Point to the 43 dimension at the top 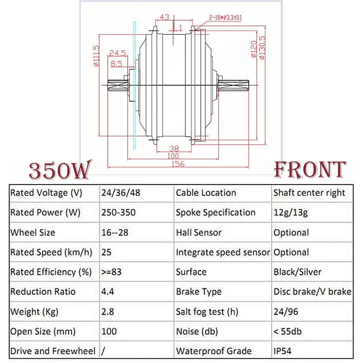(164, 17)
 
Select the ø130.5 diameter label (262, 48)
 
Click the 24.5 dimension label (117, 53)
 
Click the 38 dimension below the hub (174, 149)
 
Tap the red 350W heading (59, 170)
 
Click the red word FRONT (310, 170)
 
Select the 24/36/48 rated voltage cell (121, 193)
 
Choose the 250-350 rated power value (118, 212)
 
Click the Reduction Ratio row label (43, 292)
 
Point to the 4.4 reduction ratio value (108, 292)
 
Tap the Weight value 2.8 (108, 312)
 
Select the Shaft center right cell (309, 193)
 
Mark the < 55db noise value (287, 331)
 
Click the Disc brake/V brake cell (312, 292)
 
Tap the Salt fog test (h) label (207, 312)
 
